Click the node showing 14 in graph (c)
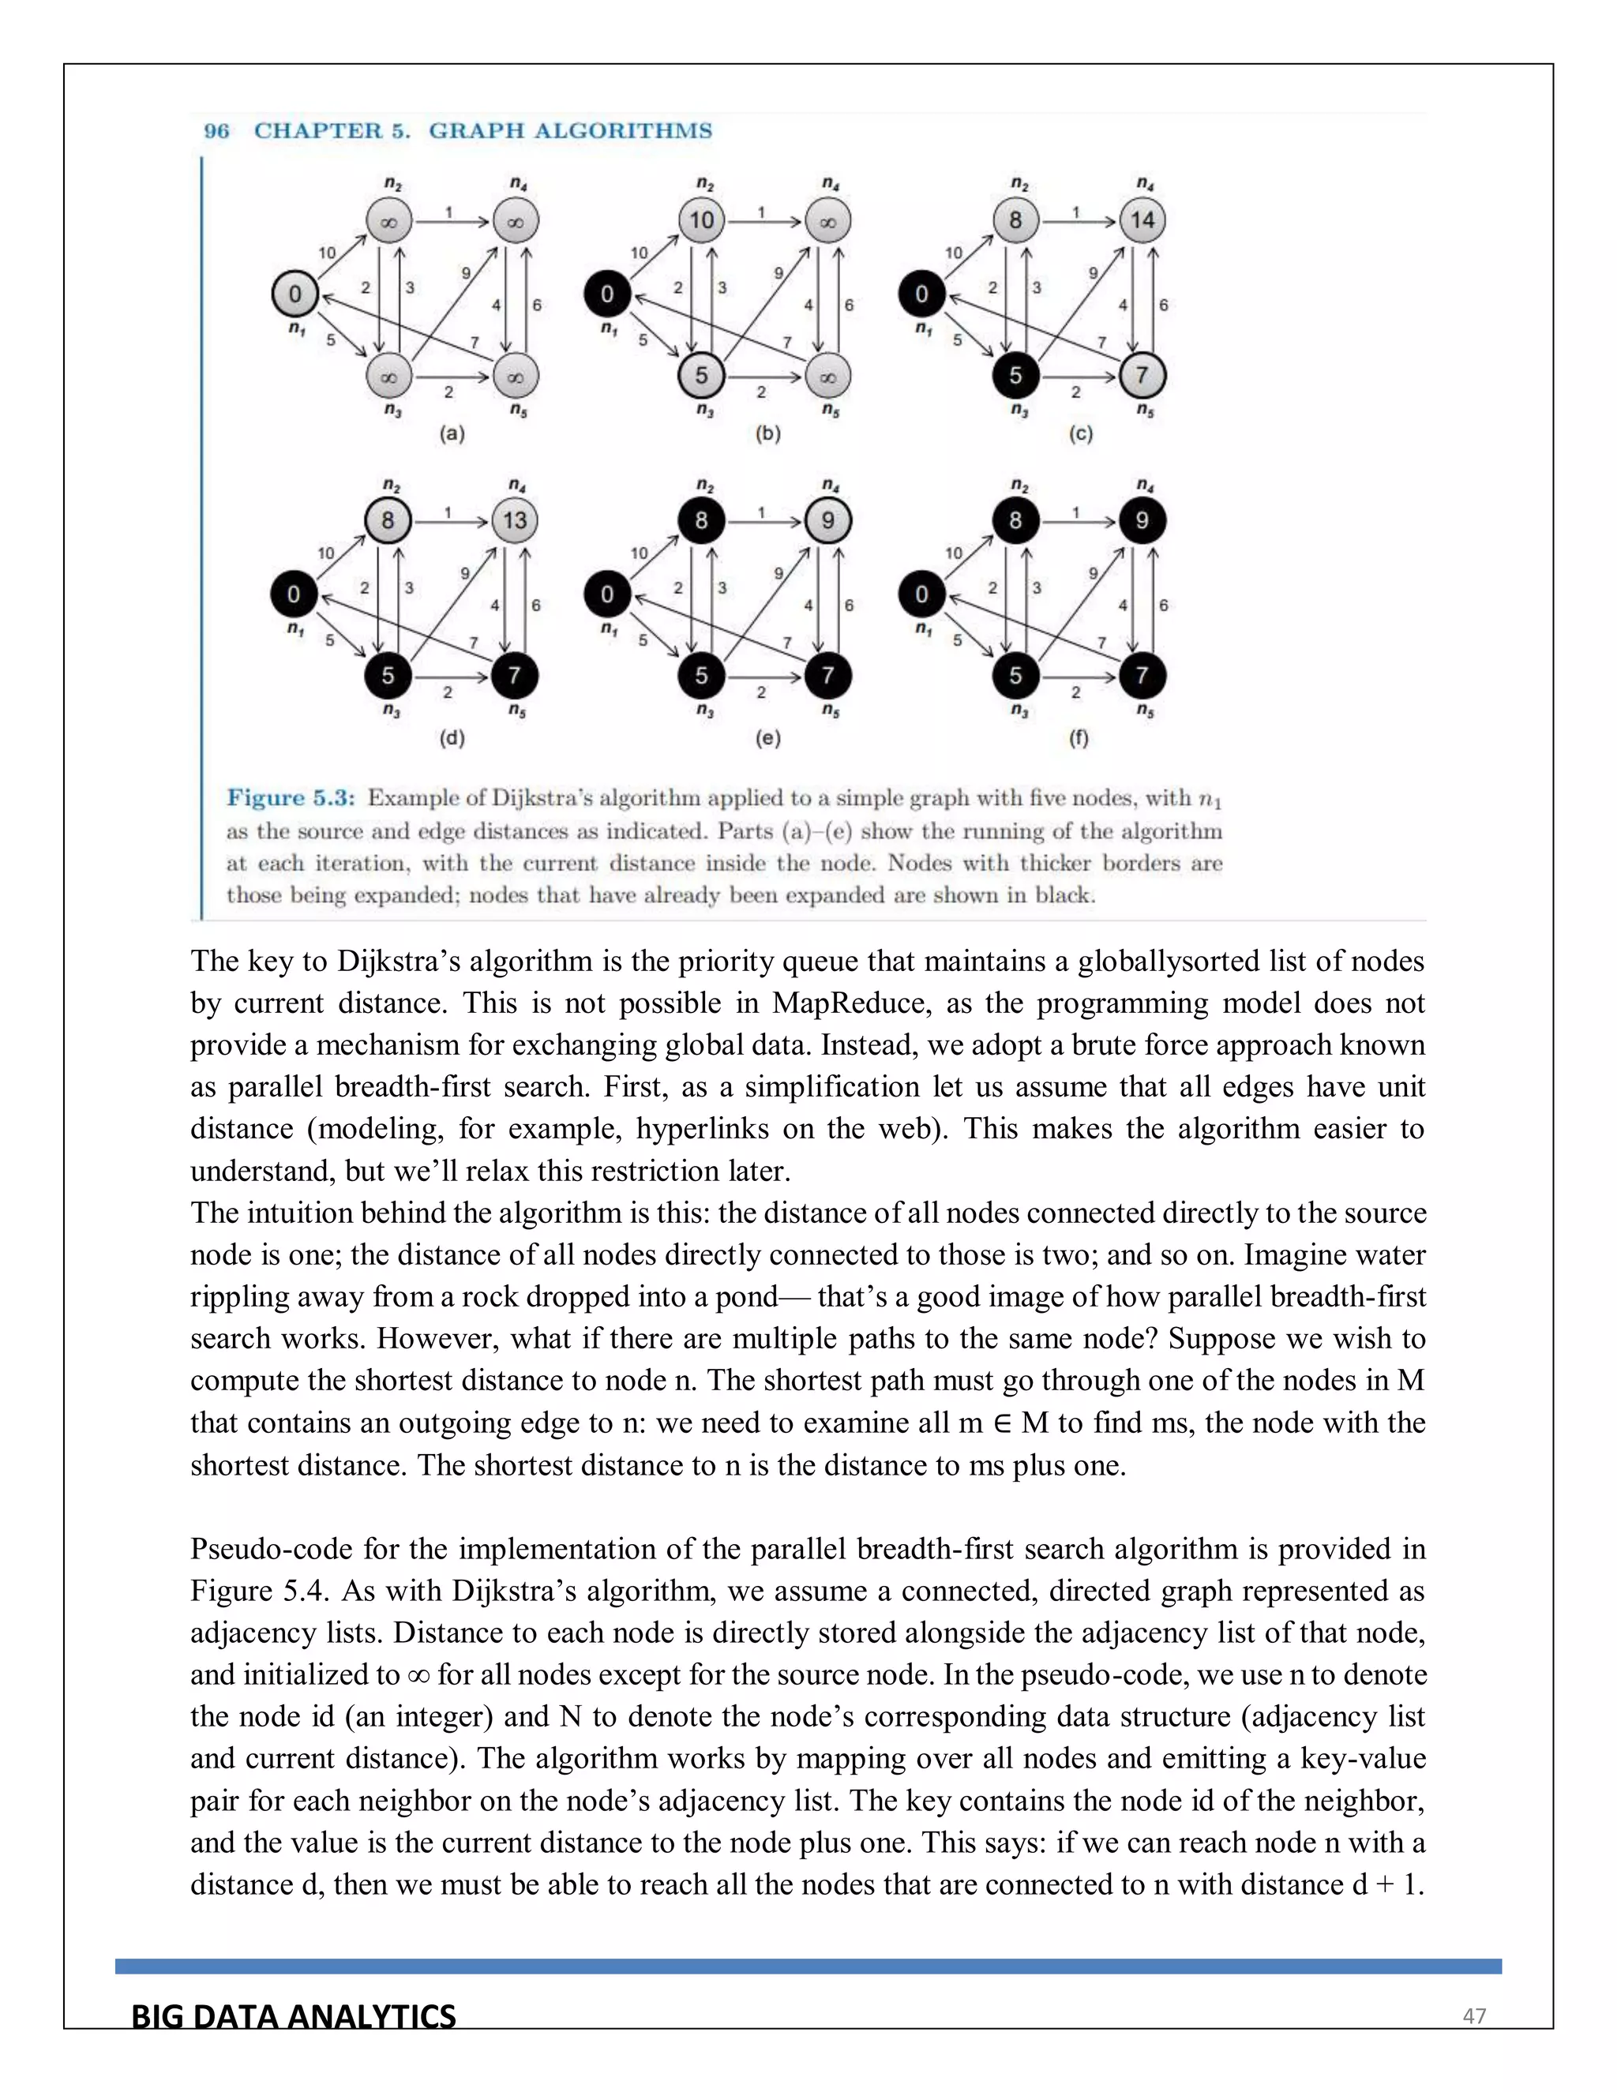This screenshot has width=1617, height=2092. [1142, 220]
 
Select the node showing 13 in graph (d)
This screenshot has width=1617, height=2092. [516, 520]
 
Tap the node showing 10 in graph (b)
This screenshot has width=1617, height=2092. [701, 220]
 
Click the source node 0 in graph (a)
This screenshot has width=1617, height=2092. [295, 294]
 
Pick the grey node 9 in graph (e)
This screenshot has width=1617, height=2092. [827, 520]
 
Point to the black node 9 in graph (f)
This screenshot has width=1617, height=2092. [1142, 520]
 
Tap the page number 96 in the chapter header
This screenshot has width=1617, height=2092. [217, 131]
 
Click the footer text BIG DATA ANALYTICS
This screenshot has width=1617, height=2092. [293, 2016]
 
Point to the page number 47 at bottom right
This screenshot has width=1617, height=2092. [1473, 2015]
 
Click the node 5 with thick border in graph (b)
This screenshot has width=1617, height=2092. [701, 376]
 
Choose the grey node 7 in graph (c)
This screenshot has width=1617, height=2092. [1142, 376]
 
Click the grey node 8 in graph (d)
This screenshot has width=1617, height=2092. [388, 520]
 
